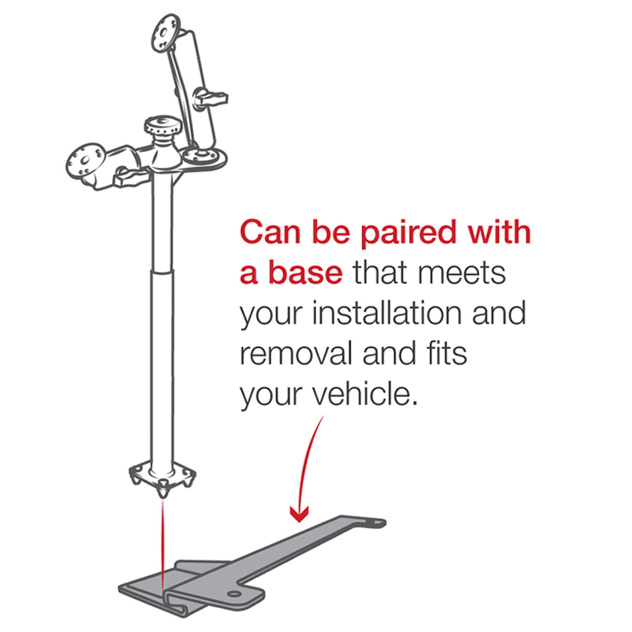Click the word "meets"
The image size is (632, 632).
(461, 273)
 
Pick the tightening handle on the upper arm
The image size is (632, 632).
(212, 97)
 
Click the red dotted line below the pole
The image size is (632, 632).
(163, 544)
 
